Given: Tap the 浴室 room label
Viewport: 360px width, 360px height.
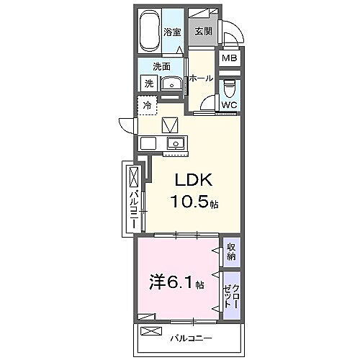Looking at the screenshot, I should point(171,32).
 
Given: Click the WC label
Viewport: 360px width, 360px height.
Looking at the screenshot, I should point(229,105).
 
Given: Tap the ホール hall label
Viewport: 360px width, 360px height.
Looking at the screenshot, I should point(201,78).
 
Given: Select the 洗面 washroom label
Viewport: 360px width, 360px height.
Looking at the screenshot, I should point(161,66).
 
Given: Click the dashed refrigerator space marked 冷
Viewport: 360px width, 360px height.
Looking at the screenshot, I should point(147,105).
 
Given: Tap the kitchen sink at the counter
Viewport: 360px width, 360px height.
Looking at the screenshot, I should point(175,142).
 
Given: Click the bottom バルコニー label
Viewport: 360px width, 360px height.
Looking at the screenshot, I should point(192,337).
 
